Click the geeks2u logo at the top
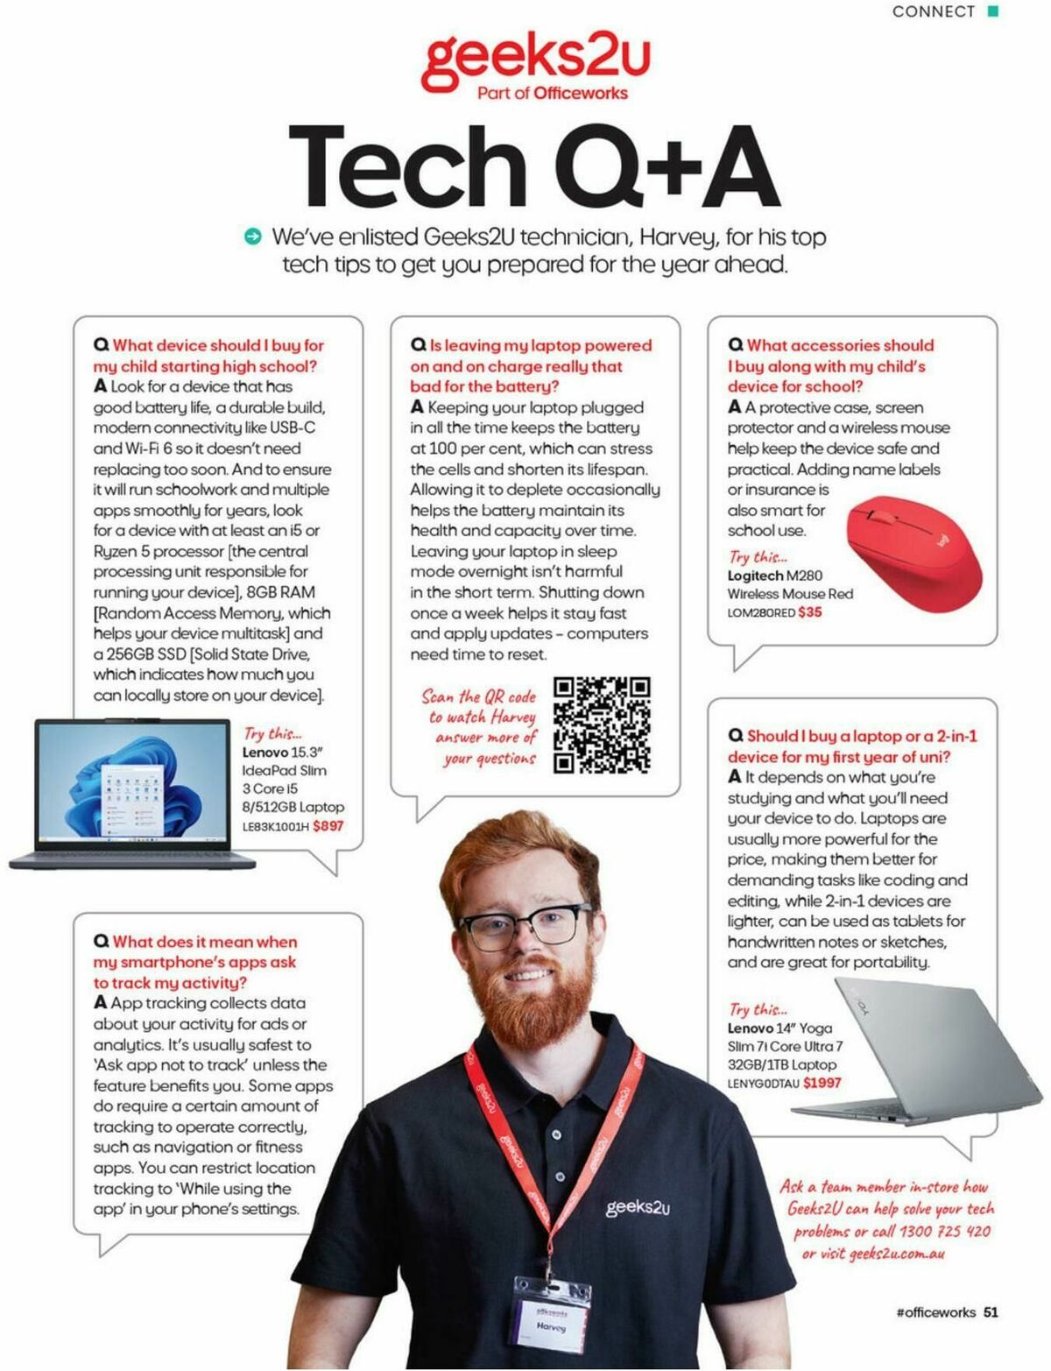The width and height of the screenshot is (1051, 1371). pos(535,60)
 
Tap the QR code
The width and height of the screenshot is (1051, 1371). pos(602,724)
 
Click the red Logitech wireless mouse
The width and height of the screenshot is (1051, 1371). pos(914,551)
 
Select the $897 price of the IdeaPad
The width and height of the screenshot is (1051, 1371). pos(328,826)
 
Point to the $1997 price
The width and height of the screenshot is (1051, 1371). pos(822,1083)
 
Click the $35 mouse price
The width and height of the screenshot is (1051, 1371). pos(810,612)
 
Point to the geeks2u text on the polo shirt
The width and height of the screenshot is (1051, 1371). pos(638,1207)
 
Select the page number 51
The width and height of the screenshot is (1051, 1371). pos(991,1311)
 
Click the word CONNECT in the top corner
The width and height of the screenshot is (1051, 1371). pos(933,11)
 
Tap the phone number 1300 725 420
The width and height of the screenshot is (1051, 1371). pos(945,1231)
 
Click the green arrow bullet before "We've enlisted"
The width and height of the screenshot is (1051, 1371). pos(253,236)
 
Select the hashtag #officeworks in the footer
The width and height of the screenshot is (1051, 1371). pos(935,1311)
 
